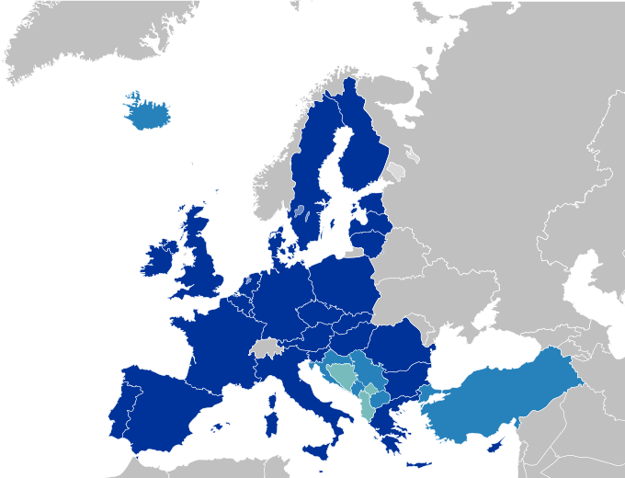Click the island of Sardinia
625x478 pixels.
271,424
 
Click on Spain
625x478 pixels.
165,404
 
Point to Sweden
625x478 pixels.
312,175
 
